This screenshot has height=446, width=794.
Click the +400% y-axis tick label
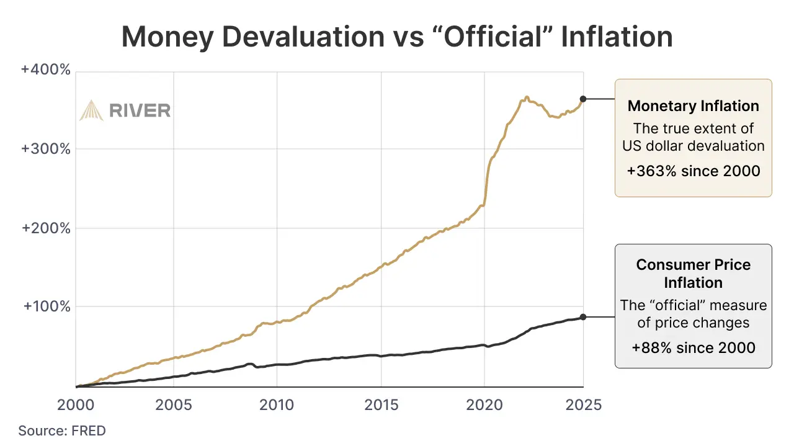coord(46,69)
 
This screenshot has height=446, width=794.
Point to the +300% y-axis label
coord(46,149)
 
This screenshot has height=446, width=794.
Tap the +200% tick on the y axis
coord(46,228)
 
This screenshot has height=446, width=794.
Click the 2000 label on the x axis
coord(75,405)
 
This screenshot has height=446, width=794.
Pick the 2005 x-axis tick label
coord(173,405)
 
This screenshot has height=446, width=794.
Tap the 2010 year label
coord(277,405)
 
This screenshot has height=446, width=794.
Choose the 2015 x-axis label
coord(381,405)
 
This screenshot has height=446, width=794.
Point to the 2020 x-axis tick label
coord(484,405)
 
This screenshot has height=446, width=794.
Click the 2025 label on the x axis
coord(584,405)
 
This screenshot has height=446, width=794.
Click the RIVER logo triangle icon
coord(91,110)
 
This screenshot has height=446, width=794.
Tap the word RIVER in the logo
coord(140,111)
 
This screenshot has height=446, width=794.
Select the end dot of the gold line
coord(583,99)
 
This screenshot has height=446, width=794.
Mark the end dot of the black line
coord(583,317)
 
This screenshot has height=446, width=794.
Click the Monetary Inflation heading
coord(693,106)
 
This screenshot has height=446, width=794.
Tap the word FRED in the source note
coord(90,430)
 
